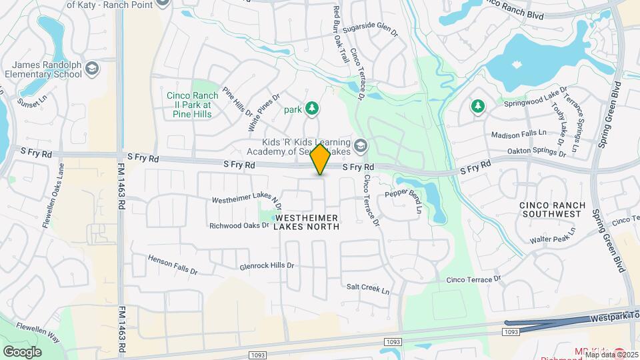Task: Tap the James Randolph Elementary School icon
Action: pos(91,68)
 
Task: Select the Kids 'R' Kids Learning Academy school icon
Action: pos(360,145)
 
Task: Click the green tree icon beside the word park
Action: pos(311,108)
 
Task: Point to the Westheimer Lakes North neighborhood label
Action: pos(307,223)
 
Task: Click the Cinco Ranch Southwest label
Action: pos(554,210)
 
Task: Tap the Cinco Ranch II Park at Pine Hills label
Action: pos(189,105)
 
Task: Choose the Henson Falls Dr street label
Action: pos(173,265)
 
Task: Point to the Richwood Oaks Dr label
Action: pos(239,225)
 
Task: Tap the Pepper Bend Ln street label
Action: pos(404,200)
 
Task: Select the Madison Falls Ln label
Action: pos(518,135)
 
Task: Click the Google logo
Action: pos(22,351)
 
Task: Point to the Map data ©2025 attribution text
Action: pos(611,355)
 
